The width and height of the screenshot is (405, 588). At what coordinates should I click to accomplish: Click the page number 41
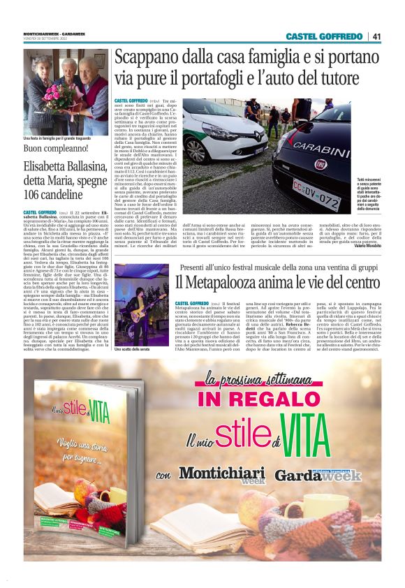[376, 36]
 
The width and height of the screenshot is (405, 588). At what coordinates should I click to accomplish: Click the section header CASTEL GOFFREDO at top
[325, 36]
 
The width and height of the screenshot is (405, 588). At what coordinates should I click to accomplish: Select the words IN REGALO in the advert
[249, 399]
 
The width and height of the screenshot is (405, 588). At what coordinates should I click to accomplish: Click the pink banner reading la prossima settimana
[249, 379]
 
